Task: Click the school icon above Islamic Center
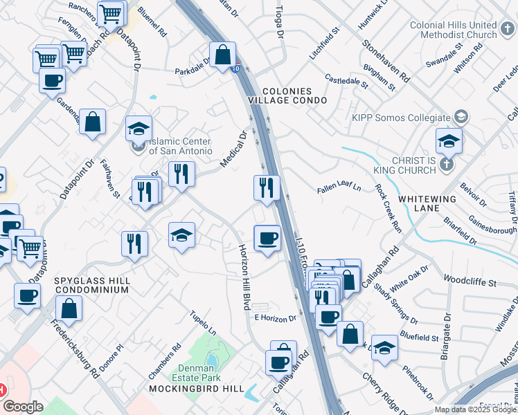click(x=139, y=129)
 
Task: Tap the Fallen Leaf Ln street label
click(x=339, y=187)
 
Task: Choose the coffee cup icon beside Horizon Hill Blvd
click(x=267, y=239)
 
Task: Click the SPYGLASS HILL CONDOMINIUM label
click(x=91, y=286)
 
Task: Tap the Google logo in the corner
click(x=23, y=407)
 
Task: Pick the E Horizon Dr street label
click(x=275, y=318)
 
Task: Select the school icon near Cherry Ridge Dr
click(x=384, y=348)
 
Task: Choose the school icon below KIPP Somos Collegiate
click(x=449, y=141)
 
